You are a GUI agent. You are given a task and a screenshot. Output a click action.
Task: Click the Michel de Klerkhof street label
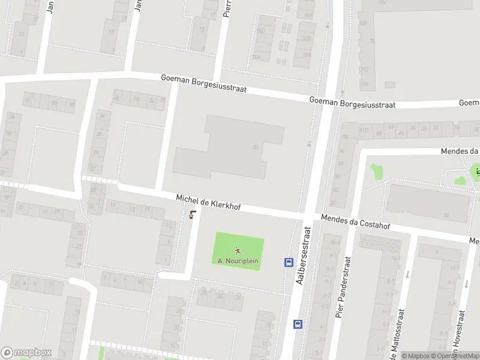208,202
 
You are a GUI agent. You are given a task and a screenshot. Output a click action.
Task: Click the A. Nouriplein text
238,261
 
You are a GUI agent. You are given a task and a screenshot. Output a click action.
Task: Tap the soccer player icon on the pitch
238,251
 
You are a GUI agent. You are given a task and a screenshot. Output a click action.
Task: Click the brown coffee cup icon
192,215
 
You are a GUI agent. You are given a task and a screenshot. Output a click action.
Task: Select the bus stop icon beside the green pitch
289,262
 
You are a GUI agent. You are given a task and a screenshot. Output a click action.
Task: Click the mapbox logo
26,353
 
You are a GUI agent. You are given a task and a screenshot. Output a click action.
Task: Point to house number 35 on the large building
255,147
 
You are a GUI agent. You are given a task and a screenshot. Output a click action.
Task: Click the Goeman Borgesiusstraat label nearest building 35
204,85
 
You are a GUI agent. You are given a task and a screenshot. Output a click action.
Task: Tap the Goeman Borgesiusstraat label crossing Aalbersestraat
352,103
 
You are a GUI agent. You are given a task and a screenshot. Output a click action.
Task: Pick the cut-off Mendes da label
460,151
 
